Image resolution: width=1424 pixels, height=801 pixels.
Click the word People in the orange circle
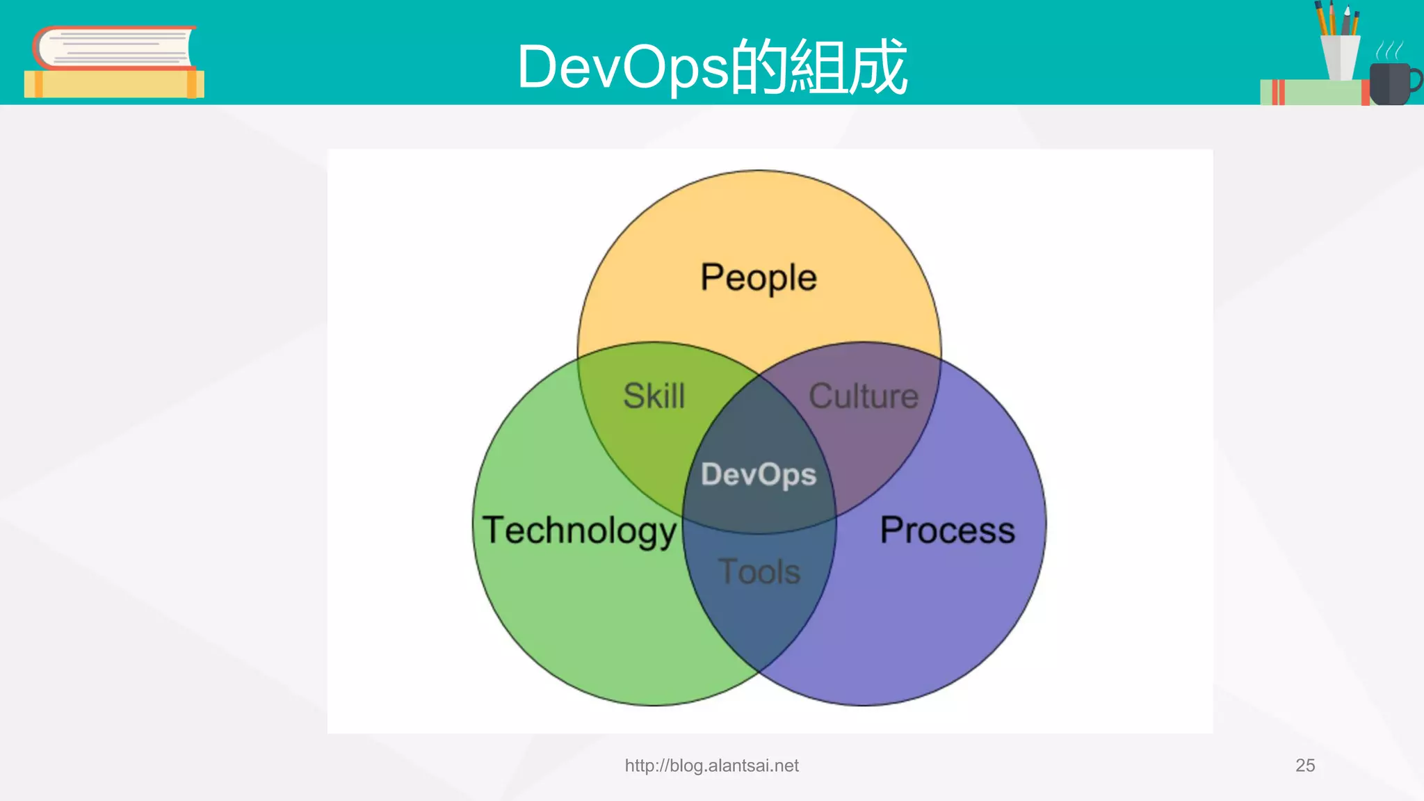[x=758, y=277]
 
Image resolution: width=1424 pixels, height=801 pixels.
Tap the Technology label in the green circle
[x=578, y=531]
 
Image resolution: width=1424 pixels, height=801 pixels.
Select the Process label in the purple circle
[x=947, y=530]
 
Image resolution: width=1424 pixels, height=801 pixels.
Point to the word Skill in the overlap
[x=654, y=396]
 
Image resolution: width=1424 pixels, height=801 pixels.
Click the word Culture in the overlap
[x=863, y=396]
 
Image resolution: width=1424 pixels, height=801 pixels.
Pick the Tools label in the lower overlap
[x=759, y=572]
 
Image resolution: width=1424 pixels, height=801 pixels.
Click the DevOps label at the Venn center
[x=758, y=474]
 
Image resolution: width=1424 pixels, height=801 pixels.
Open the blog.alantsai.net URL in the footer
[x=711, y=766]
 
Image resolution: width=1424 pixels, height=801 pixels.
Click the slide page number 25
[x=1304, y=766]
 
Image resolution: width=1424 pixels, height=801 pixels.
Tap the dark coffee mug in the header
[x=1388, y=84]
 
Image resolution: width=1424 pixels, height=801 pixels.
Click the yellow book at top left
[x=111, y=84]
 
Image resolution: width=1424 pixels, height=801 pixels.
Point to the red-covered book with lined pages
[x=115, y=48]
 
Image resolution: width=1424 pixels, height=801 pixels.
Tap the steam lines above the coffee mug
[x=1389, y=50]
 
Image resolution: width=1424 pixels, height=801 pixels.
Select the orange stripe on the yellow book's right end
[x=192, y=84]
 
